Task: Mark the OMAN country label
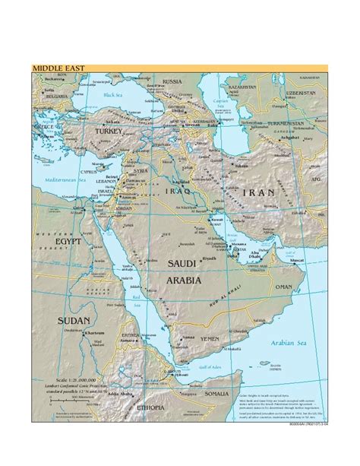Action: [283, 287]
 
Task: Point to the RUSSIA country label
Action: [172, 81]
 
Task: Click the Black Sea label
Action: [112, 95]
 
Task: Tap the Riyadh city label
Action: [209, 258]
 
